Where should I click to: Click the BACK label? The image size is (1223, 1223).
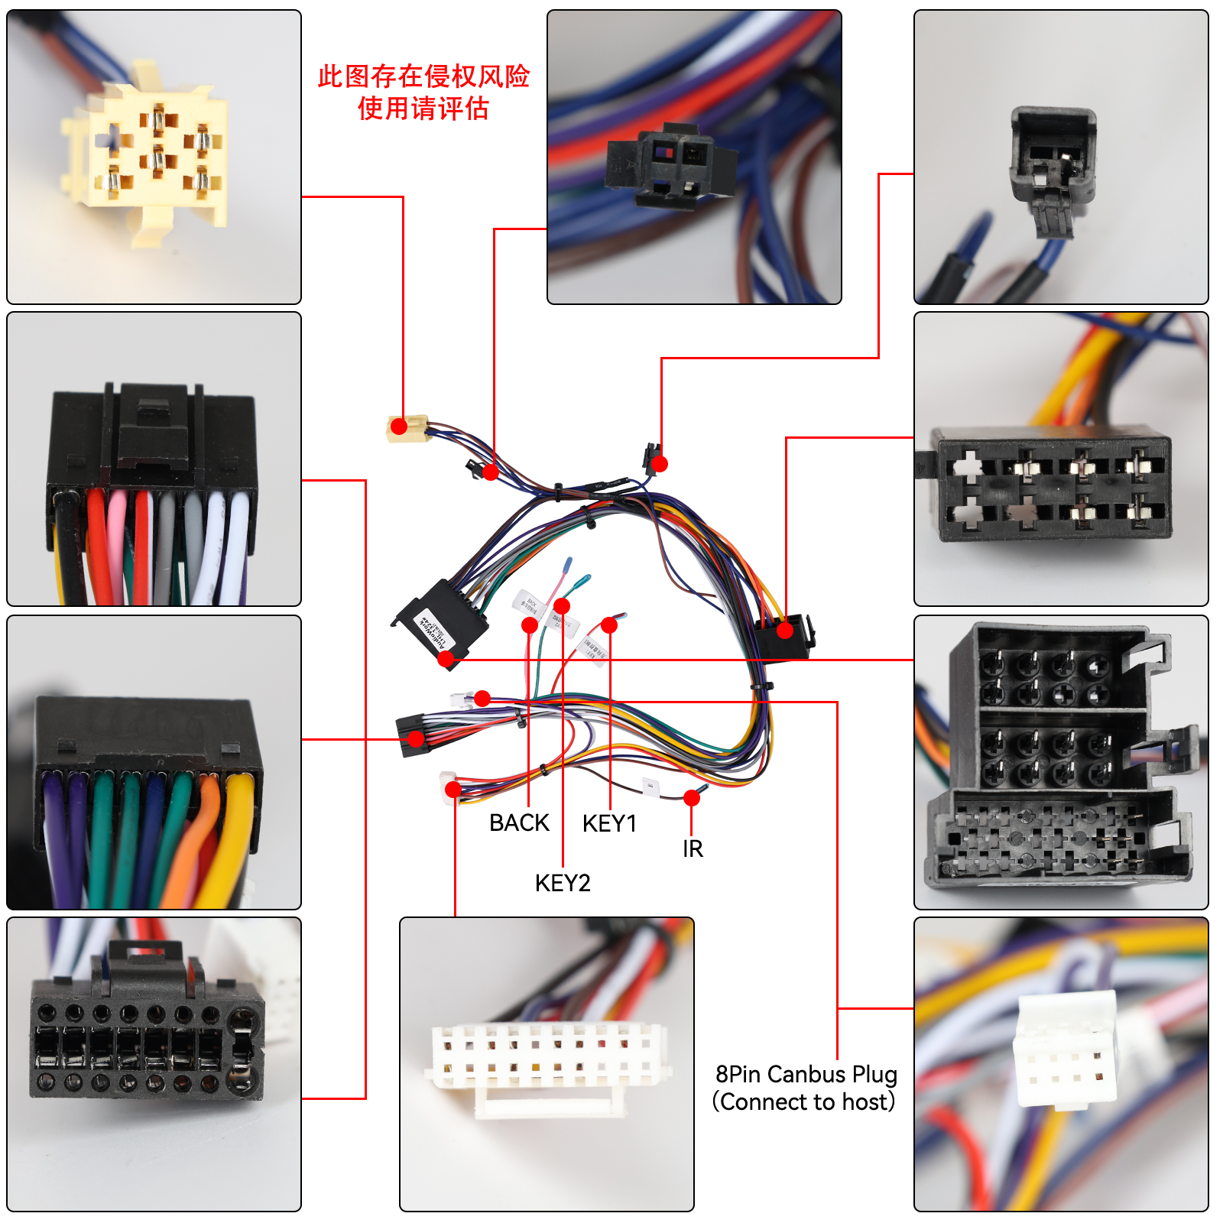(519, 823)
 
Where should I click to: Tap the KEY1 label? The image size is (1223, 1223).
(609, 824)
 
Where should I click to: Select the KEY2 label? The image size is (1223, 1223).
(563, 884)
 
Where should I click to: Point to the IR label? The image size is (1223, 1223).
(693, 849)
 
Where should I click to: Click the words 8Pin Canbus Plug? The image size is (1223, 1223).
(806, 1075)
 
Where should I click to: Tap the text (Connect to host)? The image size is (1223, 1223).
(803, 1102)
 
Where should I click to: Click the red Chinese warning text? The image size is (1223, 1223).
(423, 92)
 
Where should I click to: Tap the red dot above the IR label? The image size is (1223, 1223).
(692, 798)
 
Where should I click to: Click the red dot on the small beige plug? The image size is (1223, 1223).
(398, 427)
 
